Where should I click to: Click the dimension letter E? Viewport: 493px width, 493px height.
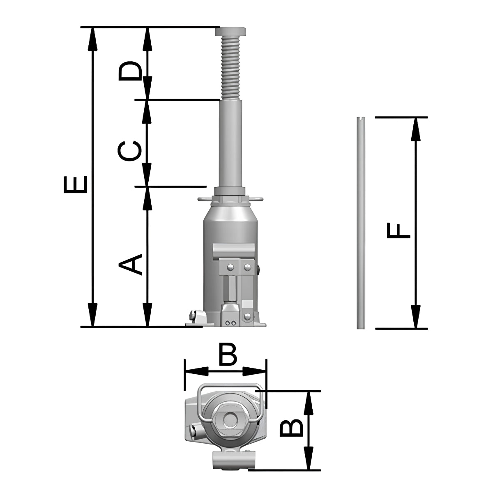[76, 184]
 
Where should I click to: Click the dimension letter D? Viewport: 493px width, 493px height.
[130, 71]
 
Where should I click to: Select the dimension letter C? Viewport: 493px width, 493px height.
[129, 151]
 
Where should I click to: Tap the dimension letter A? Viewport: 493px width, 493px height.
[130, 265]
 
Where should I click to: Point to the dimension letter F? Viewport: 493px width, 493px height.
[399, 230]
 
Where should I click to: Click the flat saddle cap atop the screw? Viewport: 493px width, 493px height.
[230, 32]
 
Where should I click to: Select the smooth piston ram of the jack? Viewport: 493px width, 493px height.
[230, 143]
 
